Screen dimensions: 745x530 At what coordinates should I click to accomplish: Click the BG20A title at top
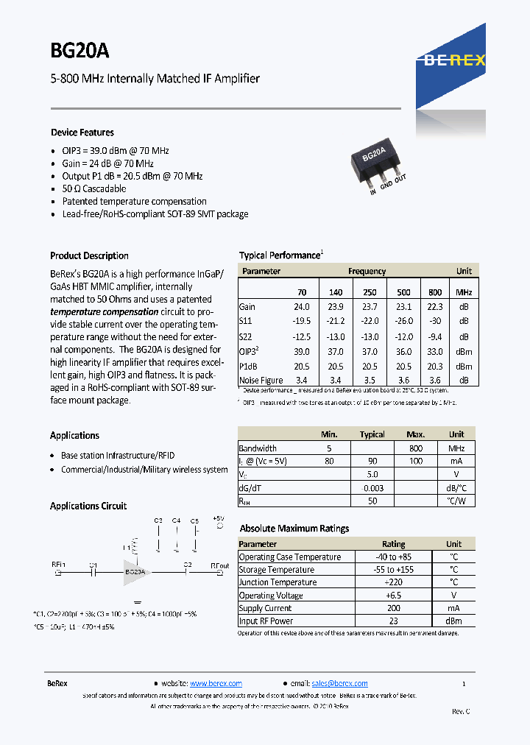coord(79,51)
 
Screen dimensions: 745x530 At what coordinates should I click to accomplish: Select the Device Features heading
coord(82,133)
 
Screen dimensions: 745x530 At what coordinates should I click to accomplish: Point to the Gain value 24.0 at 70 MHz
coord(302,307)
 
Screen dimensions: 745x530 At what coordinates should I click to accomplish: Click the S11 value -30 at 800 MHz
coord(435,321)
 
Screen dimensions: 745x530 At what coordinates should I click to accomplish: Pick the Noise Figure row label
coord(261,380)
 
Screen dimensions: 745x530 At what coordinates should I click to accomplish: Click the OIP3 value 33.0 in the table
coord(435,351)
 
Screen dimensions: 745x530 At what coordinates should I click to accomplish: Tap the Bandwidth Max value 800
coord(416,448)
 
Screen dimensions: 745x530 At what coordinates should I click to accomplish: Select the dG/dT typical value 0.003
coord(372,487)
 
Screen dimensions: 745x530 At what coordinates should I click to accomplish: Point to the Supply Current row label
coord(265,608)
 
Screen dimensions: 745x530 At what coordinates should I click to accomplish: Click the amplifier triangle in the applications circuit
coord(136,571)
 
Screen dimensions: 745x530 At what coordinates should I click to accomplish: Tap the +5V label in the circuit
coord(218,519)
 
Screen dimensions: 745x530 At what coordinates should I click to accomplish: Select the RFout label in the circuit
coord(219,566)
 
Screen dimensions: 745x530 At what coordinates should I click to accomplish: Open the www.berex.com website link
coord(216,683)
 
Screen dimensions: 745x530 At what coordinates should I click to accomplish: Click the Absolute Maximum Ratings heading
coord(294,528)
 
